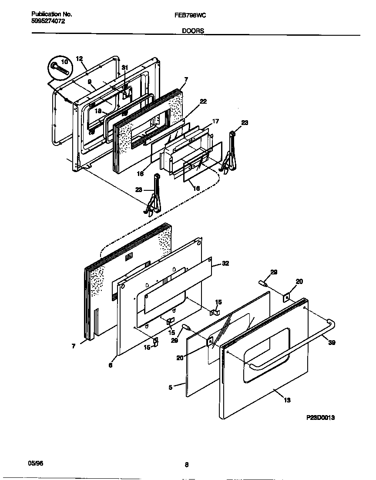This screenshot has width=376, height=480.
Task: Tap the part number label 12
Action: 79,59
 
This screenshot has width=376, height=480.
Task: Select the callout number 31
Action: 125,68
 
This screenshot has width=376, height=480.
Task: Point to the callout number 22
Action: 203,101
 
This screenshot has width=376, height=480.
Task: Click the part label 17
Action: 215,121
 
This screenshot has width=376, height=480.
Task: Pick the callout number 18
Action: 98,111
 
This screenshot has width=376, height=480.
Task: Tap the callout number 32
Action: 225,264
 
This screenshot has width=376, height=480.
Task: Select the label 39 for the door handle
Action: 332,342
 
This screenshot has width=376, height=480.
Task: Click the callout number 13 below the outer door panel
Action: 287,400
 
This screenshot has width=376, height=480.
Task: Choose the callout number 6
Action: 111,365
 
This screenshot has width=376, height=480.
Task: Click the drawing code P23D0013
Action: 320,417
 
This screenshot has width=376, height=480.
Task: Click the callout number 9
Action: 89,81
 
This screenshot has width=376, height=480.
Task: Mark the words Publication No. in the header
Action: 52,14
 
